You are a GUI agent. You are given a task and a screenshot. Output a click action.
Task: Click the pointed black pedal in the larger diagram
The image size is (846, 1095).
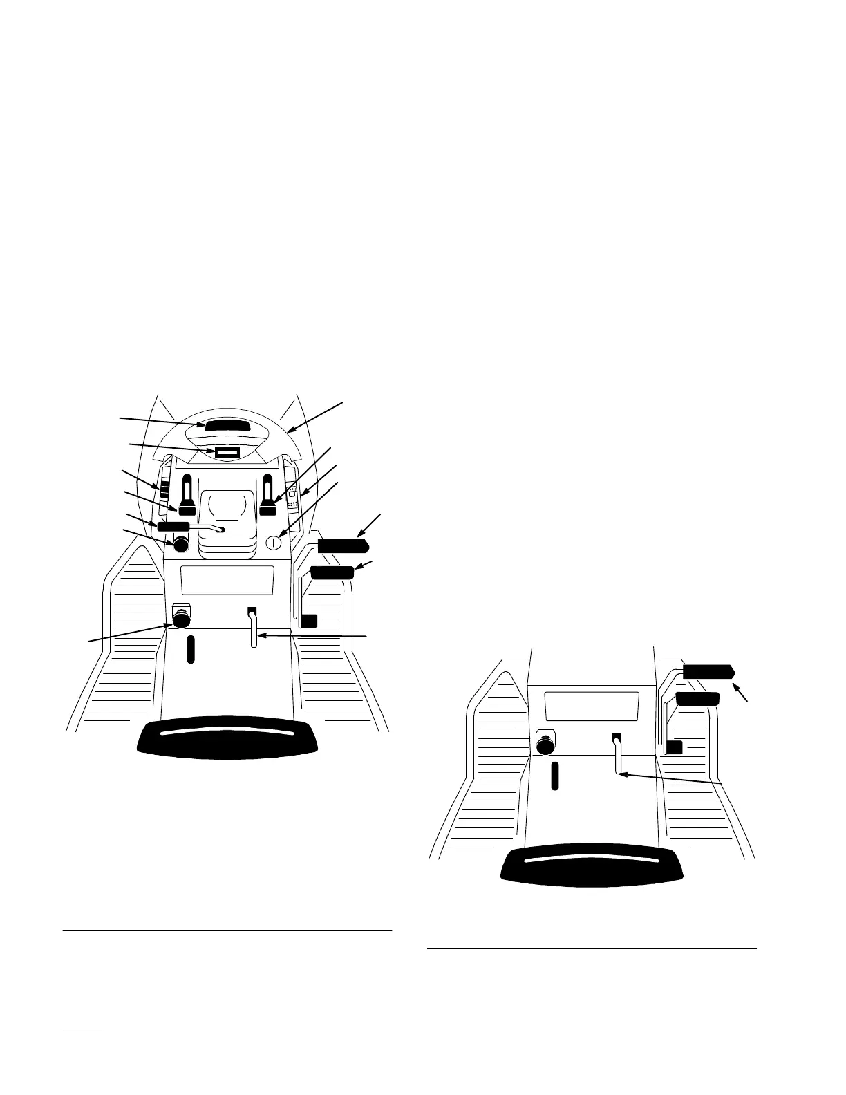(342, 546)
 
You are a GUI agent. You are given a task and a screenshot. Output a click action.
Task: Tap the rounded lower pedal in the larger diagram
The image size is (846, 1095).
(332, 572)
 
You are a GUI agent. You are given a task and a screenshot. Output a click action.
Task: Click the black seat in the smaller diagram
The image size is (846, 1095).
(593, 864)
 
